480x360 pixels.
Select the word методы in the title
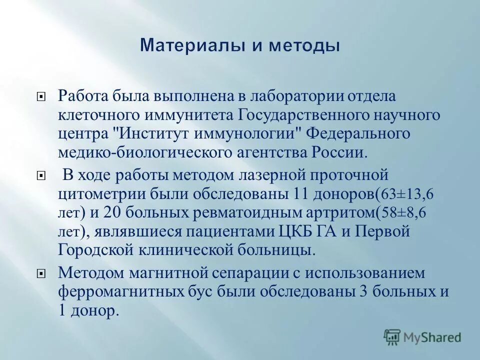point(306,46)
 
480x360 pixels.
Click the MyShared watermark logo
point(422,336)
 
